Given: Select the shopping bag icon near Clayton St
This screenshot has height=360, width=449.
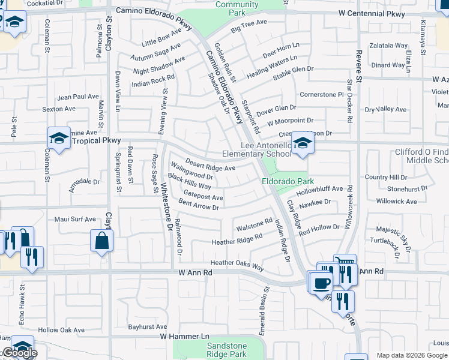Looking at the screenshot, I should [102, 241].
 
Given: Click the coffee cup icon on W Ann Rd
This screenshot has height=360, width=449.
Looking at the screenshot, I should [322, 282].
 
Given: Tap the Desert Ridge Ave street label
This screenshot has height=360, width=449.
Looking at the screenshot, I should [210, 164].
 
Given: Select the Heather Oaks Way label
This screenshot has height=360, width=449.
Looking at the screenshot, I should [237, 264].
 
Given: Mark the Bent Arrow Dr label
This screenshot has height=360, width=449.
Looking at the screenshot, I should [198, 205].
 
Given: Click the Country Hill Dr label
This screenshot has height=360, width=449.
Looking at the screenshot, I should [386, 177].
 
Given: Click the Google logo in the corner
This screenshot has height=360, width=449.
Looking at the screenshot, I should [19, 353].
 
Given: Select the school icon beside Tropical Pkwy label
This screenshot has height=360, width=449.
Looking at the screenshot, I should [59, 139].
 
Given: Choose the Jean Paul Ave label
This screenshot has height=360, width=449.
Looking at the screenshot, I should [77, 97].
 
